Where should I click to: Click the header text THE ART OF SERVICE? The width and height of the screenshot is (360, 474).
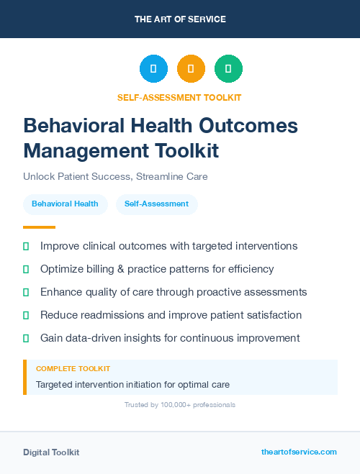tap(180, 19)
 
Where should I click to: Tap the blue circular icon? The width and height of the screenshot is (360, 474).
tap(153, 68)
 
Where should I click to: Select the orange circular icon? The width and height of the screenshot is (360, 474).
tap(191, 68)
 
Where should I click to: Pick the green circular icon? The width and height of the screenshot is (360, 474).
tap(228, 68)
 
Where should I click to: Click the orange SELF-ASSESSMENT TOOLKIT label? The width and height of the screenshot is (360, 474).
tap(179, 97)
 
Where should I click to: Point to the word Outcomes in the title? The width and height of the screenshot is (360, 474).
tap(247, 125)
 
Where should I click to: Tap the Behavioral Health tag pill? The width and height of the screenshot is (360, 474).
tap(65, 204)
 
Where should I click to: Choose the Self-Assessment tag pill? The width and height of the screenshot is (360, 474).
tap(156, 204)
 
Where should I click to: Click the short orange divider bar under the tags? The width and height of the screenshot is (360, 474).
tap(39, 227)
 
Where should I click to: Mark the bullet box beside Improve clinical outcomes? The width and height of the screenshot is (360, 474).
tap(26, 246)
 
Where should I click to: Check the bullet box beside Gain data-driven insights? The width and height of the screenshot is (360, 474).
tap(26, 338)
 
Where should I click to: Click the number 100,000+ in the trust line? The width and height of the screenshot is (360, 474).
tap(171, 405)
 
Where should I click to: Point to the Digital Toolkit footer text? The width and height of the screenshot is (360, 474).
tap(51, 452)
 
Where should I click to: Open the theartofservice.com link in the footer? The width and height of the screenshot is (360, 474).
tap(299, 452)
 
